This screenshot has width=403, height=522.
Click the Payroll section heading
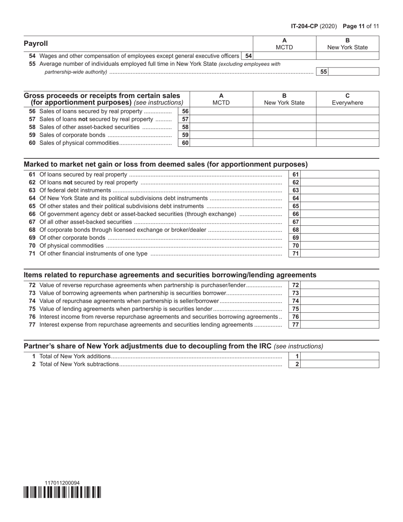[x=36, y=44]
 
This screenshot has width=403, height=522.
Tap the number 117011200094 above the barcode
[x=62, y=483]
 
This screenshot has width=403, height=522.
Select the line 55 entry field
[x=354, y=72]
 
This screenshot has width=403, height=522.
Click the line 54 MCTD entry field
[x=285, y=56]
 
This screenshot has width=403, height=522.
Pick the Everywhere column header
[x=347, y=103]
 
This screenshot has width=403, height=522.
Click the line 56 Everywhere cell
[x=347, y=111]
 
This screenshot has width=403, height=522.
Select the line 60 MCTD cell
[x=221, y=143]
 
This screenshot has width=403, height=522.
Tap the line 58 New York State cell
[x=284, y=127]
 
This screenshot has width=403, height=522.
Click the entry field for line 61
[x=340, y=174]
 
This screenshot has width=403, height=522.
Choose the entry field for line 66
[x=340, y=214]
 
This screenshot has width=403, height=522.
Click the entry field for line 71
[x=340, y=254]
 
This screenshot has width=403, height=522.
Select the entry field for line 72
[x=340, y=286]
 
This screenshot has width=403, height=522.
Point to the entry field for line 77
[x=340, y=325]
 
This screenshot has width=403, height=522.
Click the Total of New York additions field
[x=340, y=356]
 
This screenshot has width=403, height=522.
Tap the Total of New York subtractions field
[x=340, y=364]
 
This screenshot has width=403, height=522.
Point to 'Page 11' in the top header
[x=353, y=26]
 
